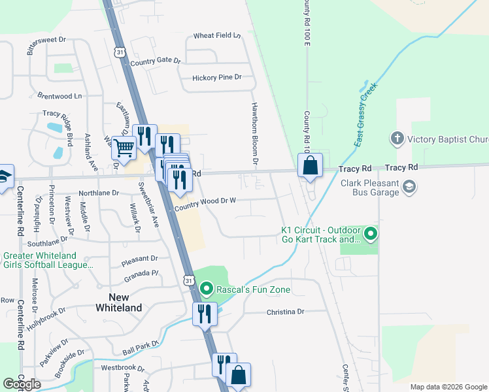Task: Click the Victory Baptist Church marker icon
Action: (x=397, y=139)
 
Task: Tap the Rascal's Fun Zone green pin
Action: (x=207, y=288)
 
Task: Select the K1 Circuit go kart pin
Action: (x=371, y=233)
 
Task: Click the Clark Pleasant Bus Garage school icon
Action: (x=409, y=188)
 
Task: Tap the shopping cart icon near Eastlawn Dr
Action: (x=124, y=147)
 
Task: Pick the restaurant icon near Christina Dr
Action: (x=205, y=313)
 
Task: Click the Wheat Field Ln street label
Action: (x=217, y=35)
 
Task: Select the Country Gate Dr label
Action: (x=155, y=61)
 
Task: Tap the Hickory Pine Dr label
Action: (x=217, y=77)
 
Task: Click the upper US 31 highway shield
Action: (x=118, y=51)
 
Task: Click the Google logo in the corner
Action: (x=22, y=384)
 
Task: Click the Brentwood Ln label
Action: (x=59, y=95)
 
